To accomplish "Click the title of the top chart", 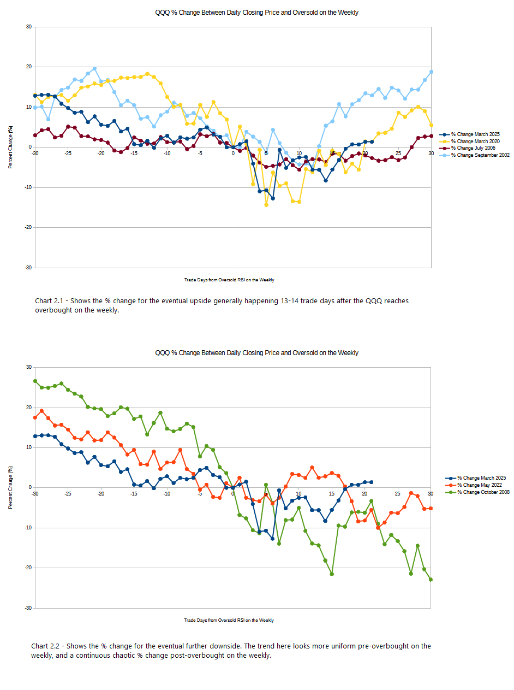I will [x=256, y=13].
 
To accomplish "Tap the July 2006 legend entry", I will [x=473, y=148].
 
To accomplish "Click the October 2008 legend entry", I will [x=483, y=492].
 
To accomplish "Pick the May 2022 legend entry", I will [x=479, y=485].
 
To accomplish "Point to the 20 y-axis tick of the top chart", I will [x=28, y=67].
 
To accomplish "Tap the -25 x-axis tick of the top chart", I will [x=68, y=153].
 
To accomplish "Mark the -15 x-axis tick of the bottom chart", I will [x=134, y=493].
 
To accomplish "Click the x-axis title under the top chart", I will [x=229, y=280].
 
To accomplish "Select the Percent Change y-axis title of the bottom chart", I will [x=10, y=487].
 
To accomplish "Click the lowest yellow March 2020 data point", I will [x=266, y=205].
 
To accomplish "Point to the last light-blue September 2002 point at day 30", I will [x=431, y=72].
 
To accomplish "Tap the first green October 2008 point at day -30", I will [x=35, y=381].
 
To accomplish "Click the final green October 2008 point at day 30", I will [x=431, y=580].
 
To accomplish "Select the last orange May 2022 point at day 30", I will [x=431, y=508].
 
